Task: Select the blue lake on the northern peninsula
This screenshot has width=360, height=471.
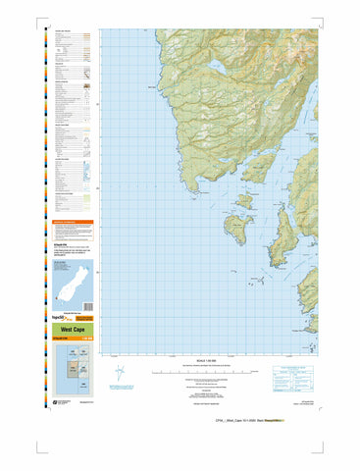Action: pyautogui.click(x=215, y=71)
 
